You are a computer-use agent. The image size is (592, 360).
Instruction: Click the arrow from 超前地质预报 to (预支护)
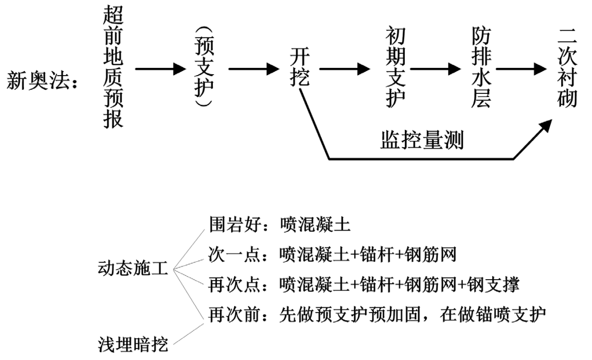click(x=160, y=69)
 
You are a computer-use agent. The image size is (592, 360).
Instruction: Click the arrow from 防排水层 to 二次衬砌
click(x=522, y=69)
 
